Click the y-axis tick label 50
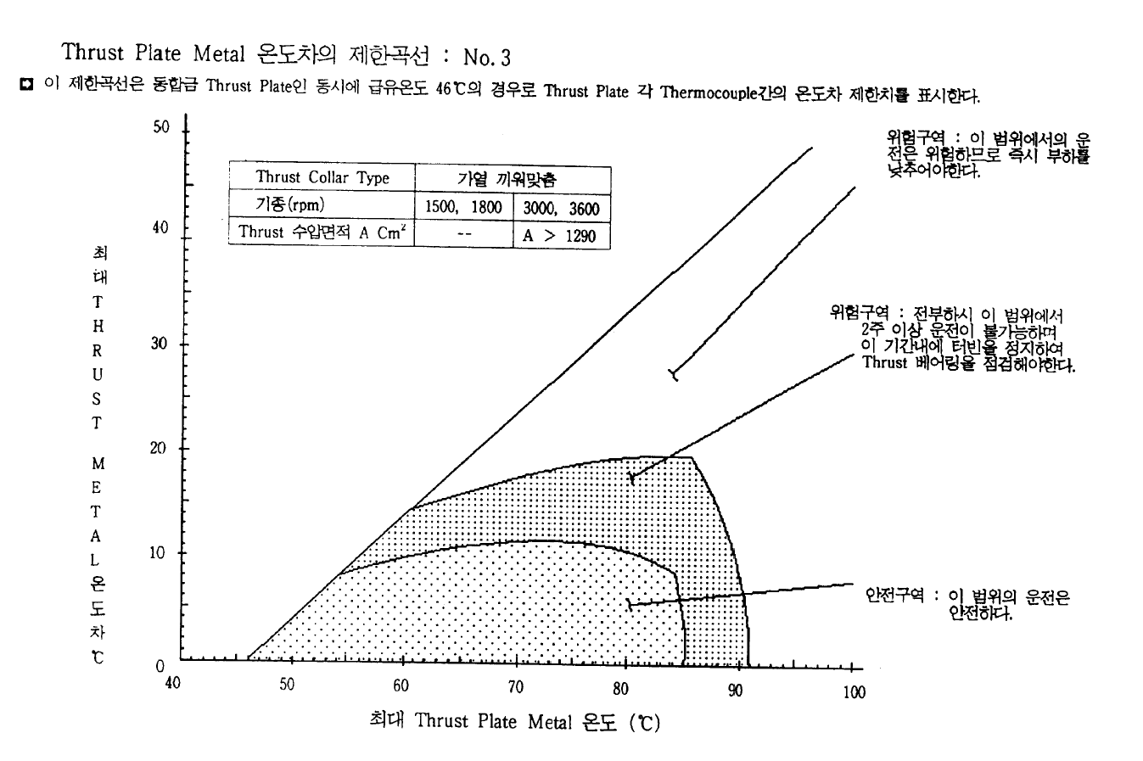pos(161,127)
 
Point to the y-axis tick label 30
pos(160,344)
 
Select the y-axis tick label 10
pos(160,553)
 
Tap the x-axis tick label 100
pos(854,692)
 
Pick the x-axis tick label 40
pos(172,684)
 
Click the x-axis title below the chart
pos(515,722)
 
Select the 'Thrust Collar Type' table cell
pos(322,177)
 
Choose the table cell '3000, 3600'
pos(561,208)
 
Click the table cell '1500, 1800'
pos(463,207)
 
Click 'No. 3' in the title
pos(487,58)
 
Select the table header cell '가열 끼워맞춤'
pos(512,177)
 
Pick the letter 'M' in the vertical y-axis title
pos(98,465)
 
